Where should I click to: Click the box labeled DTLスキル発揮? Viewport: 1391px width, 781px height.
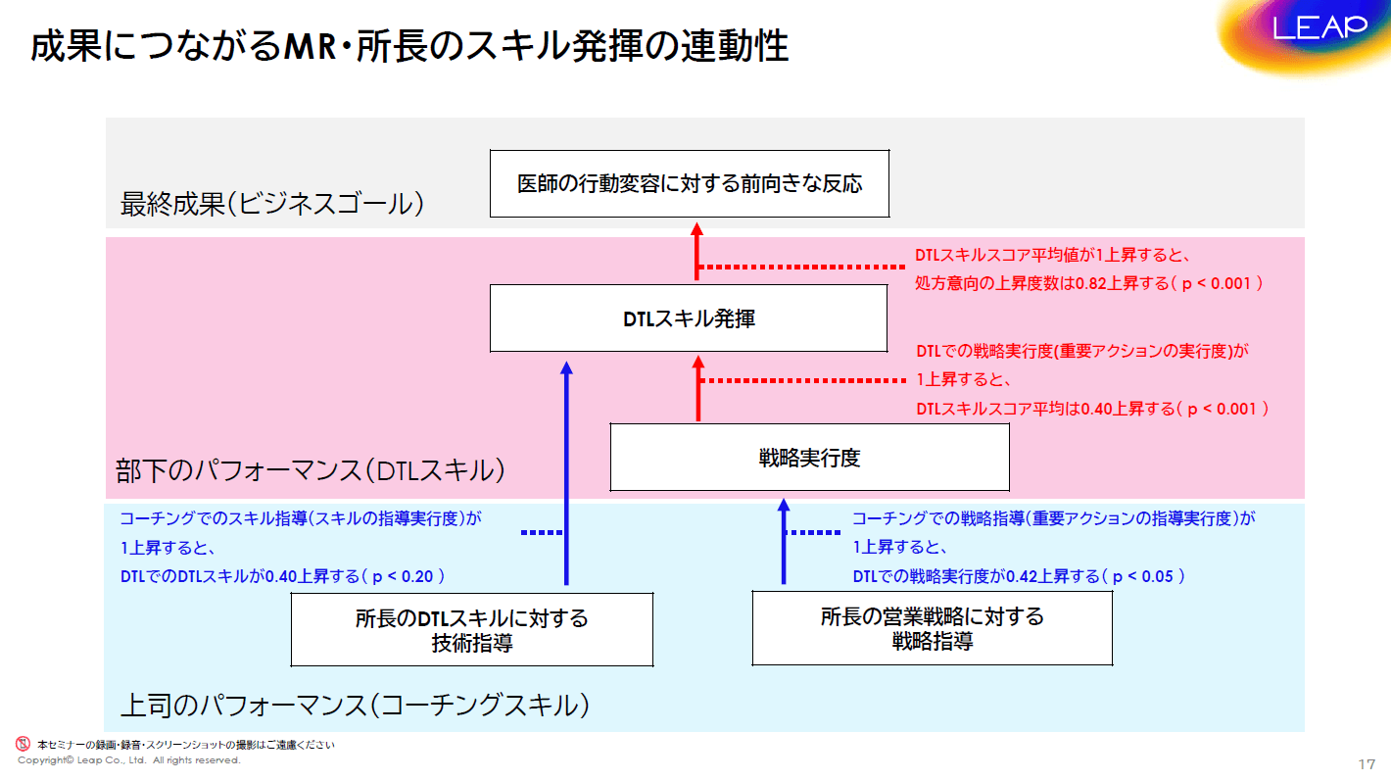[689, 318]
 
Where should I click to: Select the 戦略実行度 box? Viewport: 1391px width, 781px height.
[809, 457]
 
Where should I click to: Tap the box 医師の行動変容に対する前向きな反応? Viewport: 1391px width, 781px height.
[689, 183]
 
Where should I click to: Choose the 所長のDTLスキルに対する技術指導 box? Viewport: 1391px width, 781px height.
[471, 630]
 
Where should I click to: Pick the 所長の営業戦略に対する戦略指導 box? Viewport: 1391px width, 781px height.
[932, 628]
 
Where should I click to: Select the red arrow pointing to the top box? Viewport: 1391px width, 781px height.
[696, 253]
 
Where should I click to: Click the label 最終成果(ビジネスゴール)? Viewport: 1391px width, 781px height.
[271, 204]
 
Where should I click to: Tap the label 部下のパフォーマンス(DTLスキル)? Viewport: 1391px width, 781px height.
[311, 470]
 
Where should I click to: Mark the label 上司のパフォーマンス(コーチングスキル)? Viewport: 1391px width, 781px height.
[354, 705]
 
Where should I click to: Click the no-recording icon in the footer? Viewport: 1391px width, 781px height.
[23, 744]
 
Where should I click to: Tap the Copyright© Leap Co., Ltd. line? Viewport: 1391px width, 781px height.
[128, 759]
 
